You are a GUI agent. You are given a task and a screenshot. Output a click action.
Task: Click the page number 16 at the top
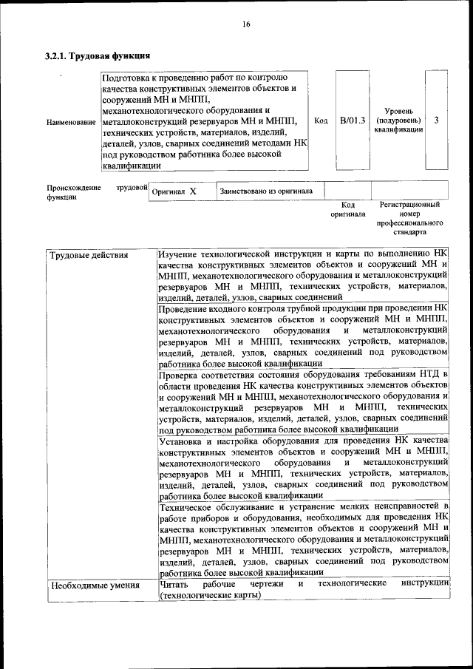246,24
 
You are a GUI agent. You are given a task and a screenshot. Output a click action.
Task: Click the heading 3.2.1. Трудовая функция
98,55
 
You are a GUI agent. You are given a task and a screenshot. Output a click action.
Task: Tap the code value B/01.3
353,120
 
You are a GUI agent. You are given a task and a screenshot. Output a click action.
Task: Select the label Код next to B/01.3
321,120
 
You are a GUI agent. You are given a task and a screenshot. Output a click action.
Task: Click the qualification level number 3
437,120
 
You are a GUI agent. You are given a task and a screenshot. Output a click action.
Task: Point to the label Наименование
71,121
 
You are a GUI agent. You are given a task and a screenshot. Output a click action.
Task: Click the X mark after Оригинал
193,191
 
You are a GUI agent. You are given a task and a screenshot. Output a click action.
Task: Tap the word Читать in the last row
174,584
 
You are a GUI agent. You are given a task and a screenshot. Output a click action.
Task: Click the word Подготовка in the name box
128,77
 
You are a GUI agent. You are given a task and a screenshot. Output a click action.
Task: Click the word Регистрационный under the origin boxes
409,204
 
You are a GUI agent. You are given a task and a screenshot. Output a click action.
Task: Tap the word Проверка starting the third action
181,375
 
